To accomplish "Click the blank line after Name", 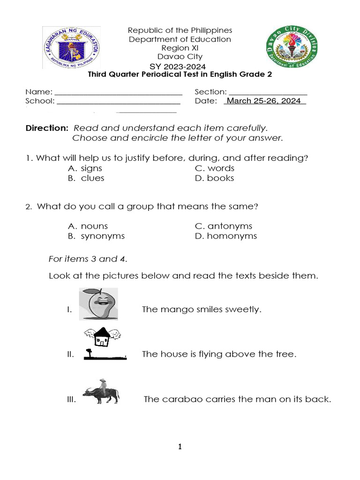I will tap(119, 92).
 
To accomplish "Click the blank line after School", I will tap(119, 101).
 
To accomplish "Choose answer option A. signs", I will tap(85, 168).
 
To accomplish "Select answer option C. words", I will tap(215, 168).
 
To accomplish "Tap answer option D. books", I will tap(214, 178).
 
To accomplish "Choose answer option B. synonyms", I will tap(96, 236).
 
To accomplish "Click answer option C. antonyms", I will tap(224, 226).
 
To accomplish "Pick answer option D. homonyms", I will tap(226, 236).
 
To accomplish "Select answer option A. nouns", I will tap(88, 226).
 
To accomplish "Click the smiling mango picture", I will tap(98, 304).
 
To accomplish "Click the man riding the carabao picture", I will tap(101, 391).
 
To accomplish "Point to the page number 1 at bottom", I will tap(180, 447).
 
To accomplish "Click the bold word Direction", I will tap(47, 128).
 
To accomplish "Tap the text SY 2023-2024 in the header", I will tap(178, 67).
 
